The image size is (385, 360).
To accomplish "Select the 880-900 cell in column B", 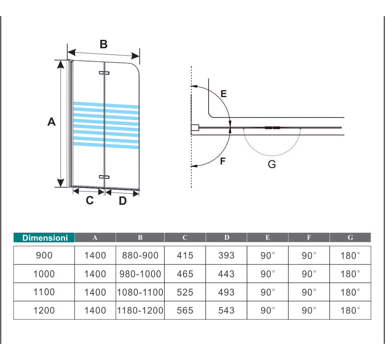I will (140, 255).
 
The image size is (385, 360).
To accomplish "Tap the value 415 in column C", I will (185, 255).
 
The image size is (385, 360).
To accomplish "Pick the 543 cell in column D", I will (226, 311).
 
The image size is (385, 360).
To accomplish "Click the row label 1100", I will (44, 292).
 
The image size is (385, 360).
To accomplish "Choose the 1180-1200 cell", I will (140, 311).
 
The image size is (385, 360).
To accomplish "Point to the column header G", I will (350, 238).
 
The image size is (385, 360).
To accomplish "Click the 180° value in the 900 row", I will (350, 255).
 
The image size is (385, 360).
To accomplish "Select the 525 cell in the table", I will (185, 292).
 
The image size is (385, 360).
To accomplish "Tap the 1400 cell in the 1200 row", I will (95, 311).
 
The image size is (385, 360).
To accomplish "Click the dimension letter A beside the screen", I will (51, 122).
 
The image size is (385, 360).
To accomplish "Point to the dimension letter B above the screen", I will (103, 44).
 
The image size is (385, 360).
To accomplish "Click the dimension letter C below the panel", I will (90, 201).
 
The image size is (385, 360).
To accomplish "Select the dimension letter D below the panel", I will (122, 201).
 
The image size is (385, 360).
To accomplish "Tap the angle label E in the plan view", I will (224, 94).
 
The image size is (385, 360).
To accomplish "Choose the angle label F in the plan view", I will (223, 161).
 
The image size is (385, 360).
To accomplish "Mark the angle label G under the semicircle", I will (272, 164).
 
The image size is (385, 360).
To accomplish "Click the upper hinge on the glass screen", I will (104, 73).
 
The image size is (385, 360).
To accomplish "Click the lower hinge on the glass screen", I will (104, 177).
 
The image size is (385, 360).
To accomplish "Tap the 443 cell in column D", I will (226, 274).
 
